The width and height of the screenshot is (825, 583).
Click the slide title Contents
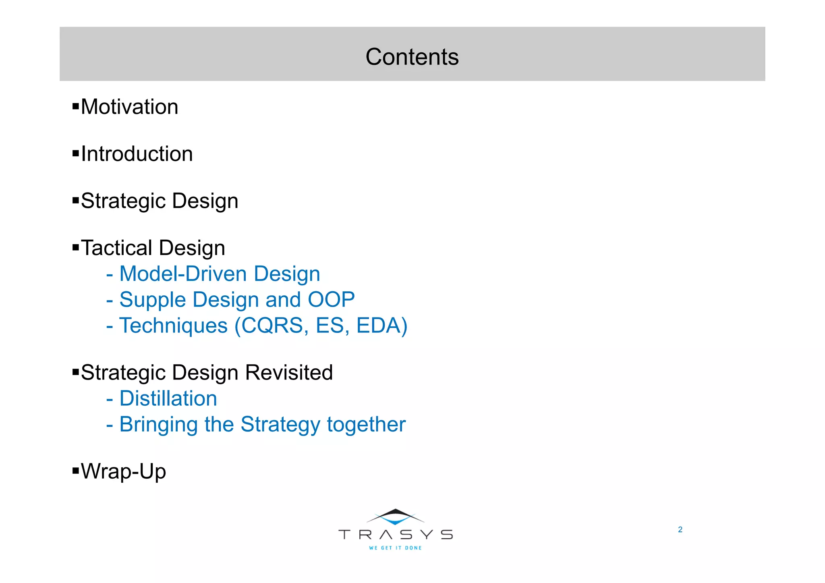(x=412, y=57)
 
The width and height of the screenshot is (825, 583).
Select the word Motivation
(x=129, y=107)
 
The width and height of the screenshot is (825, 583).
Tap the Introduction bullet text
(x=137, y=154)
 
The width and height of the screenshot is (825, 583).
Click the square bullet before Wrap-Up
(x=76, y=470)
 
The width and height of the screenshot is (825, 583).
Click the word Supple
(x=152, y=300)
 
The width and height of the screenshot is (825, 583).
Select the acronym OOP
(x=331, y=300)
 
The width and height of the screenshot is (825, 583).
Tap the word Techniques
(x=174, y=326)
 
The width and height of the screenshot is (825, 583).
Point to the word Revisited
(x=289, y=373)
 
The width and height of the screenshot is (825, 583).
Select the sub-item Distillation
(x=168, y=399)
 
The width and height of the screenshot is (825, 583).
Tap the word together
(x=366, y=425)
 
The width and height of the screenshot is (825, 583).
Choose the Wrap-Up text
(x=123, y=471)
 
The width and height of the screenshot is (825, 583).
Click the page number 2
(x=680, y=530)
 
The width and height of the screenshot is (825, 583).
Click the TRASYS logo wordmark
(x=396, y=535)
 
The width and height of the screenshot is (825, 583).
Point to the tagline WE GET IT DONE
(x=395, y=548)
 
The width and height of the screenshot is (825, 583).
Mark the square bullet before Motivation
(x=76, y=106)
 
